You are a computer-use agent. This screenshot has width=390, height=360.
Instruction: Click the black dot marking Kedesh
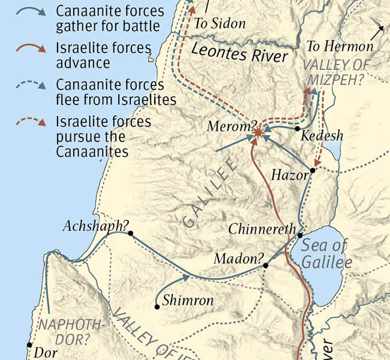click(297, 129)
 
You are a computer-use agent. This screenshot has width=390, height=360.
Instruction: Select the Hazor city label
click(288, 175)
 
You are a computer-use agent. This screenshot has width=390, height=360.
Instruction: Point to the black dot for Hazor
click(312, 172)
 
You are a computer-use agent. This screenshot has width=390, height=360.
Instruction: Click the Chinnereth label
click(262, 229)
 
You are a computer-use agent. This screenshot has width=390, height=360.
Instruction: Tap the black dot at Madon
click(266, 264)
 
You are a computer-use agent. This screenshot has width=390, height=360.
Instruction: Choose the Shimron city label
click(188, 301)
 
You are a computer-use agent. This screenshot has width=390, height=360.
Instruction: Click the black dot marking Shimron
click(157, 307)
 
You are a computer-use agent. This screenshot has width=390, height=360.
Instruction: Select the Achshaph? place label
click(96, 226)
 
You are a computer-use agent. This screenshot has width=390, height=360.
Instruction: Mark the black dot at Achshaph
click(129, 233)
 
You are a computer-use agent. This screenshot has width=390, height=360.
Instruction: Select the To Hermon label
click(340, 46)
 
